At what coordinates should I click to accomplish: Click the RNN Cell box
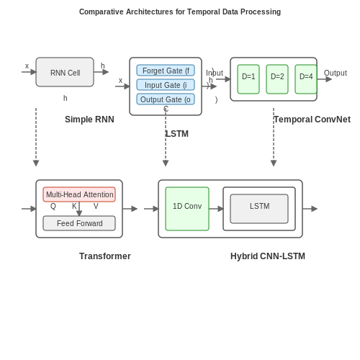pyautogui.click(x=65, y=72)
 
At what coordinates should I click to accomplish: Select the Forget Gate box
pyautogui.click(x=166, y=71)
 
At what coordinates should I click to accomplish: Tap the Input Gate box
pyautogui.click(x=166, y=85)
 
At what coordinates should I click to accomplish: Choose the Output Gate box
pyautogui.click(x=166, y=99)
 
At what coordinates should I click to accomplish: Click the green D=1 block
pyautogui.click(x=248, y=79)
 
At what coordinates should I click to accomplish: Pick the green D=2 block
pyautogui.click(x=277, y=79)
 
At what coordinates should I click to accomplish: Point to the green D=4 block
pyautogui.click(x=306, y=79)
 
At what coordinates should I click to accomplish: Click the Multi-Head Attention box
pyautogui.click(x=79, y=194)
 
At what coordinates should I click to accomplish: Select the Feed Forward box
pyautogui.click(x=79, y=223)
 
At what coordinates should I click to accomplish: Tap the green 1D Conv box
pyautogui.click(x=187, y=209)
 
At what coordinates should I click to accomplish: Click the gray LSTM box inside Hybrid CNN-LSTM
pyautogui.click(x=259, y=209)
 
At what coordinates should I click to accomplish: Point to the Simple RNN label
pyautogui.click(x=89, y=120)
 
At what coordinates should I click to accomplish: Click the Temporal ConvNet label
pyautogui.click(x=312, y=120)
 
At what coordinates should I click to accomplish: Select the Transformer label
pyautogui.click(x=105, y=256)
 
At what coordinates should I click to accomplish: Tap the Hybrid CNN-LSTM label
pyautogui.click(x=268, y=256)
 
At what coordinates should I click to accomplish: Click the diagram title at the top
pyautogui.click(x=180, y=12)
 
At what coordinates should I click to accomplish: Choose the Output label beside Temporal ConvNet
pyautogui.click(x=336, y=73)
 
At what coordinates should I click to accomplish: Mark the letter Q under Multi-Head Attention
pyautogui.click(x=53, y=206)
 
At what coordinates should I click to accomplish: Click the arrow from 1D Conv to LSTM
pyautogui.click(x=216, y=209)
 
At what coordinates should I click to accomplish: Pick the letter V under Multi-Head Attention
pyautogui.click(x=96, y=206)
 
